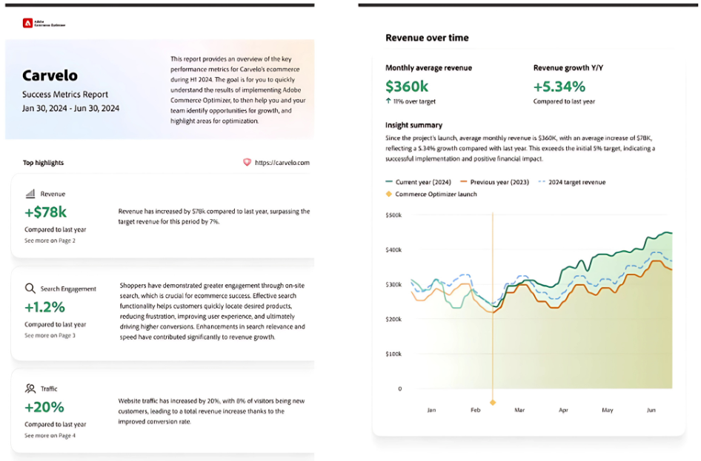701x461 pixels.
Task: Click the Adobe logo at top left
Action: pos(27,24)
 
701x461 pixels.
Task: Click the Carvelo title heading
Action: pos(50,75)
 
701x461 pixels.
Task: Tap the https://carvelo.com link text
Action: pos(282,163)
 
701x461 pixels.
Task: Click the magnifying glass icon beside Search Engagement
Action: pos(30,289)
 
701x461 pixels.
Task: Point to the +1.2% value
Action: pos(44,307)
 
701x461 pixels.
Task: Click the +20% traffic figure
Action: pos(44,407)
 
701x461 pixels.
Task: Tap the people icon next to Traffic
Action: pos(30,388)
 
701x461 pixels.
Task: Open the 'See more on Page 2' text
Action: pos(50,240)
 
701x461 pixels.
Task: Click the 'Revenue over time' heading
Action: pos(427,38)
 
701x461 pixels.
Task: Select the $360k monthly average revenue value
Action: pos(407,86)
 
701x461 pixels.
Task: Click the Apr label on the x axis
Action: pos(563,409)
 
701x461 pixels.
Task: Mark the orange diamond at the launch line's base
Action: pos(493,403)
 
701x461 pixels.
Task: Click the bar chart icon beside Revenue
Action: pos(30,194)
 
